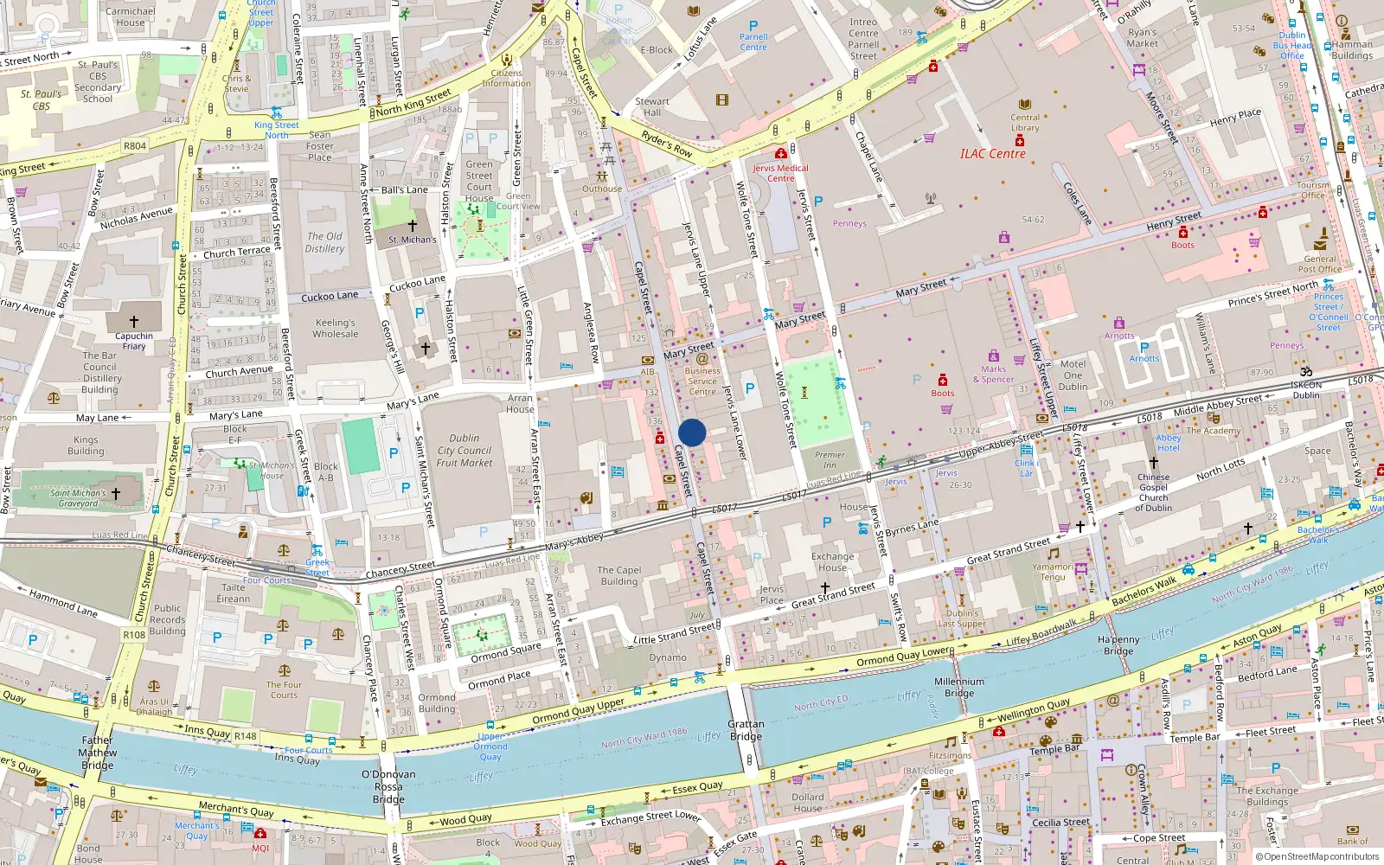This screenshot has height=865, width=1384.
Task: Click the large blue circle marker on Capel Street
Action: point(692,432)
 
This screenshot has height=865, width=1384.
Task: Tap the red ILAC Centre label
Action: point(992,154)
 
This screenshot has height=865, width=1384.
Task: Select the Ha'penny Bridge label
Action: point(1118,645)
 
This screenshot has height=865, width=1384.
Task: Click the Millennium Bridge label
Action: point(958,687)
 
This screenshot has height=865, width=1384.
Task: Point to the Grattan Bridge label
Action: point(746,730)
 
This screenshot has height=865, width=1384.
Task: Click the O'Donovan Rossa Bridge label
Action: point(388,786)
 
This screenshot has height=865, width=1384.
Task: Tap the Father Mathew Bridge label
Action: point(98,753)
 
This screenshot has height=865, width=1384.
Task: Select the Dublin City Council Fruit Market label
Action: point(465,451)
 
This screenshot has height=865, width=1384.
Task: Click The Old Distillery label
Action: point(324,242)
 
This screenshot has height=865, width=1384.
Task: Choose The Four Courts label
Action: point(284,689)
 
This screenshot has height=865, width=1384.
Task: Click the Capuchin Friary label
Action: point(134,341)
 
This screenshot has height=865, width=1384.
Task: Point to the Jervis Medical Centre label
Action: point(780,173)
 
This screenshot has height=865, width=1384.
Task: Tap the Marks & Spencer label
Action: point(993,374)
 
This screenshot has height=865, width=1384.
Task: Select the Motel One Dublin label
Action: point(1073,375)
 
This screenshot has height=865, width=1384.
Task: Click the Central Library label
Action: point(1025,122)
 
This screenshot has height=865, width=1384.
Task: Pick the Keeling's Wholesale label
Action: point(336,328)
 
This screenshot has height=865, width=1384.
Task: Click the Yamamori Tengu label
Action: point(1053,572)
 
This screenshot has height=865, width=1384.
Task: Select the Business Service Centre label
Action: point(702,381)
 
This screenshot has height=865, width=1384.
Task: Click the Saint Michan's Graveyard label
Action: point(78,498)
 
